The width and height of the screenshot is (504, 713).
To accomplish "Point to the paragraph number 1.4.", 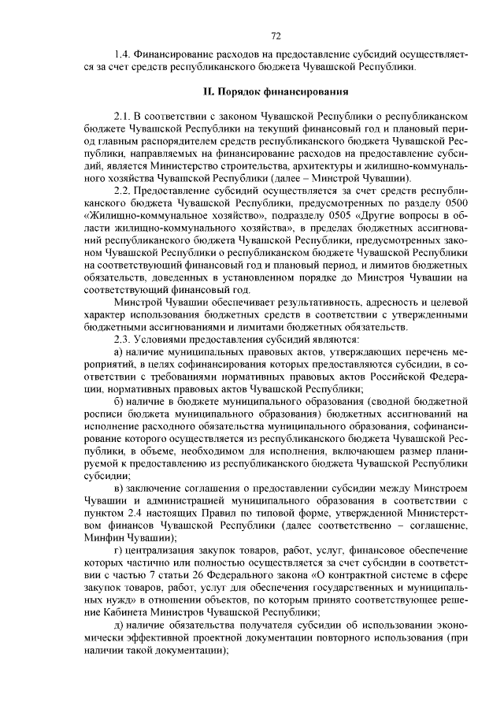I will [122, 55].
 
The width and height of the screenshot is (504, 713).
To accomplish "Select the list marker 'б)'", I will [119, 402].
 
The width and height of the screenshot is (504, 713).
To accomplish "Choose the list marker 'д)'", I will [119, 622].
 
